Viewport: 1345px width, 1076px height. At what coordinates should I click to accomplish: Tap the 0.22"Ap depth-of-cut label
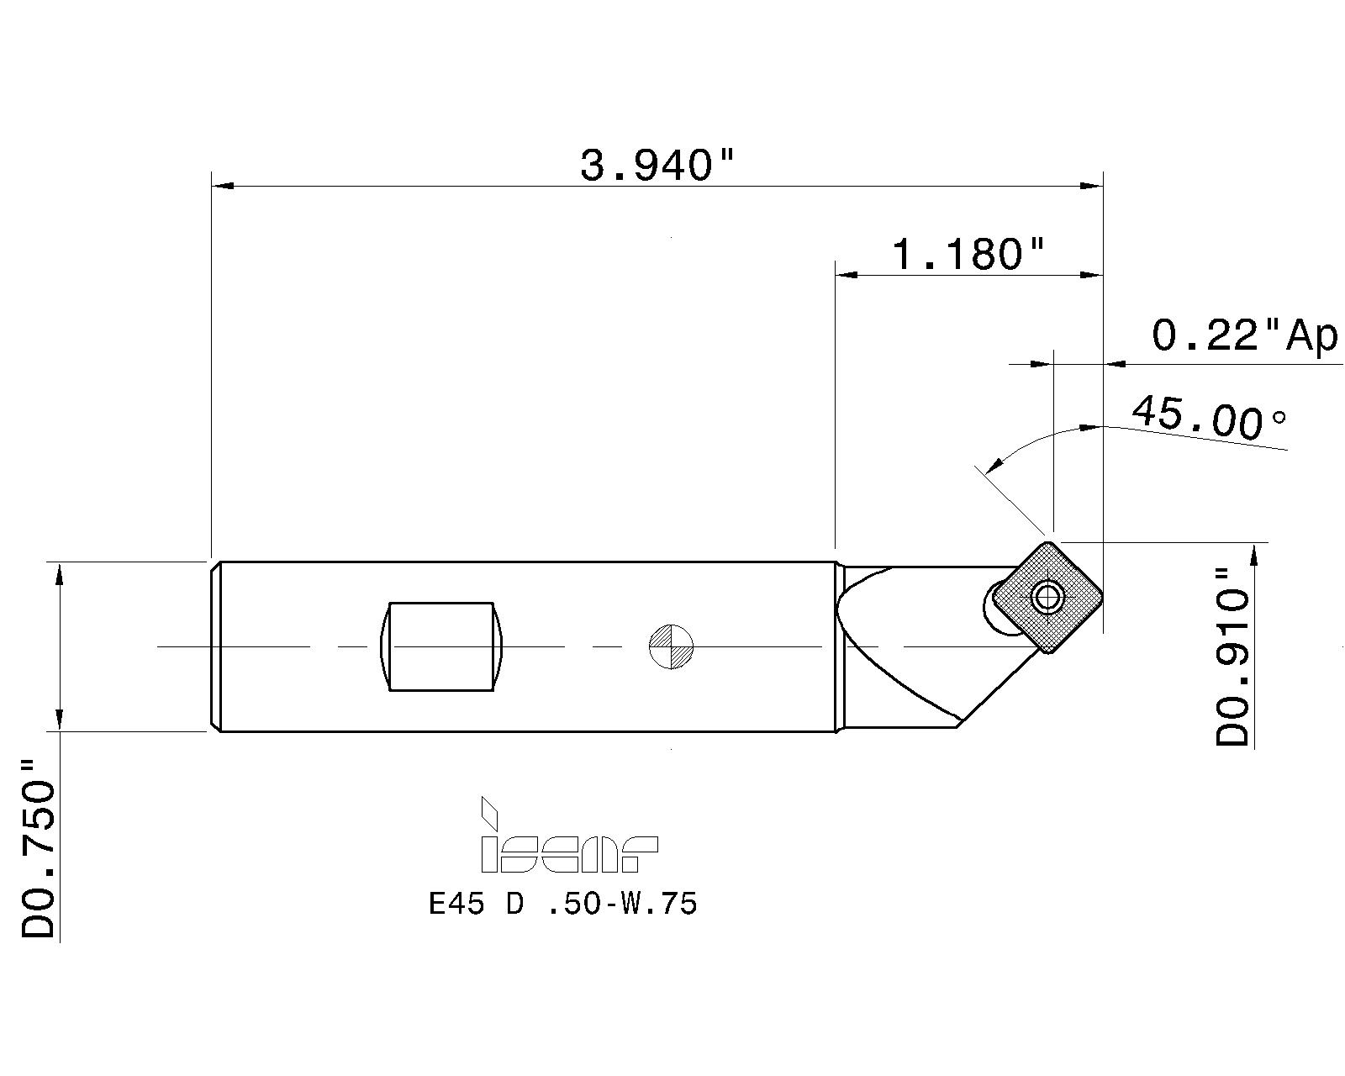point(1243,336)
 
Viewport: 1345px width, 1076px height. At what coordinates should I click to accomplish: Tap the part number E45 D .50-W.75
point(562,905)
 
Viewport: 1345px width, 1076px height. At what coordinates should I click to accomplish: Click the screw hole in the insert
point(1047,598)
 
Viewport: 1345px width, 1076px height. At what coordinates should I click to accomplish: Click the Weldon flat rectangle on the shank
point(441,646)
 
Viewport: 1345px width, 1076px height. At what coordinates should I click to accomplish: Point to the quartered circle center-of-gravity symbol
point(671,646)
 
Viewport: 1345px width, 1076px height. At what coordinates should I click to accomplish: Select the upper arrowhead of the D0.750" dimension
point(59,575)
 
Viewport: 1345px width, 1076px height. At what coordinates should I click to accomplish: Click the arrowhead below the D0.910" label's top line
point(1254,555)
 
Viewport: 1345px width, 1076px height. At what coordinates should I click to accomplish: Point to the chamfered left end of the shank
point(215,646)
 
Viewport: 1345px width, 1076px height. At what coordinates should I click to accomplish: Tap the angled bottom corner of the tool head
point(958,723)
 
